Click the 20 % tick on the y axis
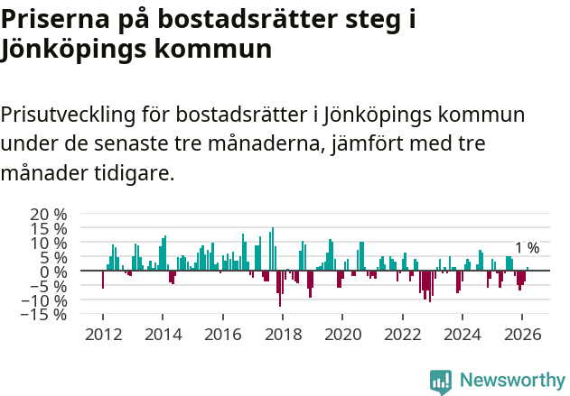tap(49, 214)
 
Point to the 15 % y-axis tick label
tap(49, 228)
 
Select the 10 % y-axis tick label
tap(49, 243)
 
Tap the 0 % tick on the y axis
tap(53, 272)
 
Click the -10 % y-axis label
tap(46, 300)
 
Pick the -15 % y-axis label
tap(46, 315)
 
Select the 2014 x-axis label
tap(163, 334)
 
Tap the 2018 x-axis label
tap(283, 334)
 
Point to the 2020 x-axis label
tap(342, 334)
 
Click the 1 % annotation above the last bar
tap(527, 248)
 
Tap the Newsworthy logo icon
tap(441, 381)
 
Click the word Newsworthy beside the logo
tap(511, 381)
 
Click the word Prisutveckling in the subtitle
tap(69, 115)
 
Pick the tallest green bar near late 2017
tap(273, 249)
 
